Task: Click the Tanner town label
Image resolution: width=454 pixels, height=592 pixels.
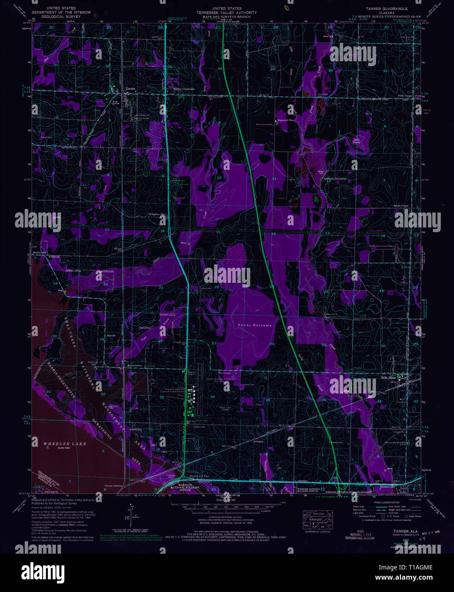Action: (x=130, y=89)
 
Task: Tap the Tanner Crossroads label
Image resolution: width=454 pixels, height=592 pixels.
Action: (x=184, y=89)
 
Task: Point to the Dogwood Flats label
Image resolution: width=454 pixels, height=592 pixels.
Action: (x=286, y=121)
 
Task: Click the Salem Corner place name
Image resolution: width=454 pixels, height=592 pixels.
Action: (x=400, y=205)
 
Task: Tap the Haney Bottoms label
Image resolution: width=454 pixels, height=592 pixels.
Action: (x=254, y=325)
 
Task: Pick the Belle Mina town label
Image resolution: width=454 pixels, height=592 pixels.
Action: (x=388, y=377)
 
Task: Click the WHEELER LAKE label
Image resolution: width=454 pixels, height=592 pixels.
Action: (x=65, y=444)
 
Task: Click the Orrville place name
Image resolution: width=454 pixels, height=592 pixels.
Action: (x=111, y=336)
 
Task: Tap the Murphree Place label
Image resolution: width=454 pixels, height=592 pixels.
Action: (x=156, y=214)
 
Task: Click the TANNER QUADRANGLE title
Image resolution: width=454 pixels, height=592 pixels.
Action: (x=386, y=9)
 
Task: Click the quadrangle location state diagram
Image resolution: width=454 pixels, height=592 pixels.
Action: (x=318, y=519)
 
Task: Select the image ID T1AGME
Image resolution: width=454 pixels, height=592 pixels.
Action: (x=419, y=567)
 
